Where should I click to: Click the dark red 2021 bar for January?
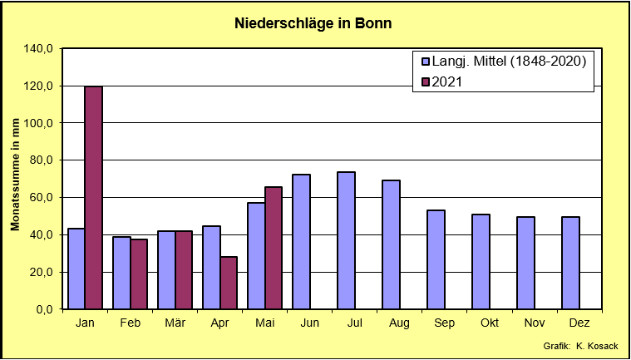[x=93, y=198]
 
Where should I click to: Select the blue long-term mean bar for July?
[x=346, y=240]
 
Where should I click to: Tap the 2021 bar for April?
[x=229, y=283]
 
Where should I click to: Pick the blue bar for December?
[x=570, y=263]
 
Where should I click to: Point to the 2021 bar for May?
[x=274, y=249]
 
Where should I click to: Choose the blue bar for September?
[x=436, y=260]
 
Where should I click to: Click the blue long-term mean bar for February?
[x=121, y=273]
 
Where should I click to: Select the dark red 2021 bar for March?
[x=184, y=270]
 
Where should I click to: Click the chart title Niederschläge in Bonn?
[x=313, y=24]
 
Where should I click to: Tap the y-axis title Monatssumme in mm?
[x=15, y=175]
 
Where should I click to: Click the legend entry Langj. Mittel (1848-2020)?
[x=503, y=62]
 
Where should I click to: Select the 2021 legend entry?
[x=441, y=81]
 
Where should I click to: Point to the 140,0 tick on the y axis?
[x=40, y=49]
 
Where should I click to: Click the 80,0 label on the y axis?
[x=42, y=160]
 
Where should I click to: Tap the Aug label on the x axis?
[x=399, y=323]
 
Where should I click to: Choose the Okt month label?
[x=490, y=323]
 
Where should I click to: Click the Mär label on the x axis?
[x=175, y=323]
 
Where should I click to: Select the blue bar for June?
[x=302, y=242]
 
